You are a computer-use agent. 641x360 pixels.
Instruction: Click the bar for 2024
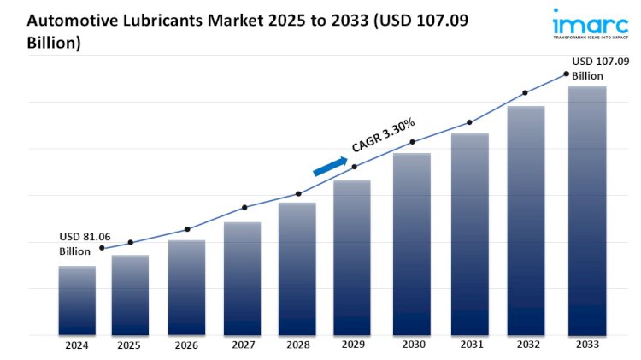pos(77,300)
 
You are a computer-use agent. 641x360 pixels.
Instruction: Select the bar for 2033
pos(587,210)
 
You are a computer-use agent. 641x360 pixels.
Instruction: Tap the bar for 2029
pos(352,257)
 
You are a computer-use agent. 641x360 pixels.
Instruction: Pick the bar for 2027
pos(242,278)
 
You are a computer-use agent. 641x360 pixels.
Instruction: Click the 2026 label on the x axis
pos(186,345)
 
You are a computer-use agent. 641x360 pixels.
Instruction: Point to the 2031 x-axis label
pos(469,345)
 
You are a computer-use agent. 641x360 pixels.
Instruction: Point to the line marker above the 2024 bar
pos(103,248)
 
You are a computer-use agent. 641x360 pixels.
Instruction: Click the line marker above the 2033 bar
pos(566,74)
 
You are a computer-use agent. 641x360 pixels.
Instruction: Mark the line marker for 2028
pos(298,194)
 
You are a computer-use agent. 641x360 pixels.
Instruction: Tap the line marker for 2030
pos(412,142)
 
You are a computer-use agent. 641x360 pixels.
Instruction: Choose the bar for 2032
pos(526,221)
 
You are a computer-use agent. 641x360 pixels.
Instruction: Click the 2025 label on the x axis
pos(130,345)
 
